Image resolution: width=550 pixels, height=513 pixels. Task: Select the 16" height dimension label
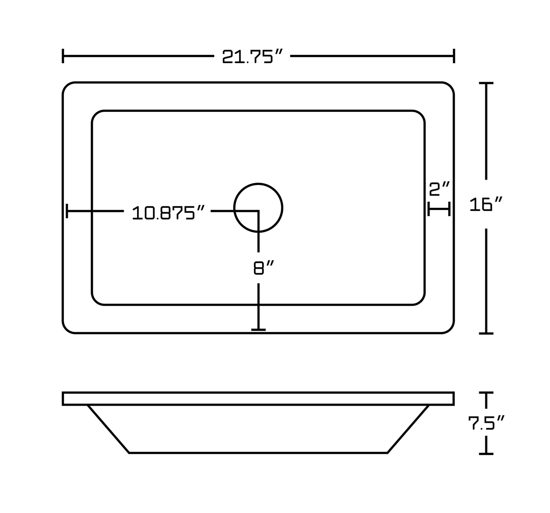(x=486, y=205)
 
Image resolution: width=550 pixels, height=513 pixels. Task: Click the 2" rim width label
(x=439, y=189)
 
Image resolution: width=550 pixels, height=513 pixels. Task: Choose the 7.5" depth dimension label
(x=486, y=423)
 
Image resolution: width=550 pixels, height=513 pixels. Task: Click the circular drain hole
(x=258, y=208)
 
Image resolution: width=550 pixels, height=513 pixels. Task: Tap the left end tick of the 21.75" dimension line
(x=63, y=56)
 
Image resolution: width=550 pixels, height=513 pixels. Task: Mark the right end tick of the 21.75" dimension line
(x=454, y=56)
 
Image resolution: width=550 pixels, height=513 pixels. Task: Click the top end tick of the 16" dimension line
(x=486, y=83)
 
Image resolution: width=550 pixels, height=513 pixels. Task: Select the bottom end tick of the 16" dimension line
(x=486, y=333)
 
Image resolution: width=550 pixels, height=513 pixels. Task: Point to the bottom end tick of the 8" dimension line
(x=258, y=330)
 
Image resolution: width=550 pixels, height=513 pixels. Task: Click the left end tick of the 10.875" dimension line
(x=67, y=211)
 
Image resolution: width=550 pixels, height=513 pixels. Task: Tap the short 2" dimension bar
(x=439, y=209)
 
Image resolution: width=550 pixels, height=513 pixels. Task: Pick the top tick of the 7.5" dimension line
(x=486, y=393)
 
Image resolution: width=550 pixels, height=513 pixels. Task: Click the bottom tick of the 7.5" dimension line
(x=486, y=454)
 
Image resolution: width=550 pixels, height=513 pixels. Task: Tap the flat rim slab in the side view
(x=258, y=399)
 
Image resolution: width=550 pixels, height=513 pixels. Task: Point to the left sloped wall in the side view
(x=108, y=429)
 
